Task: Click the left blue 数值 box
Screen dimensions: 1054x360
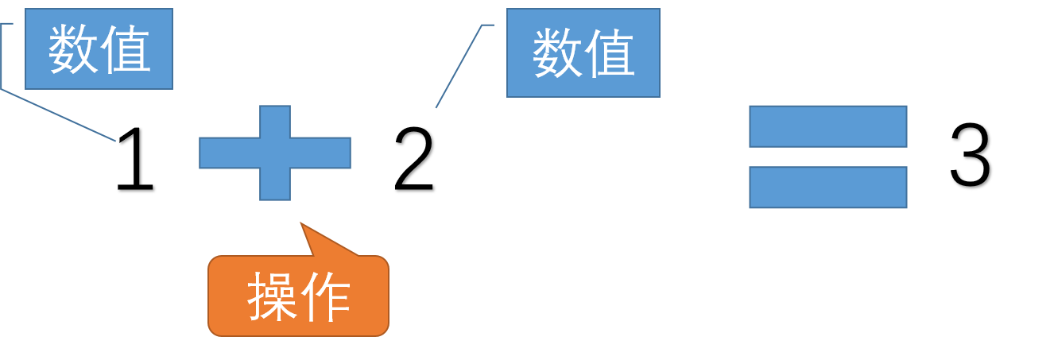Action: [99, 49]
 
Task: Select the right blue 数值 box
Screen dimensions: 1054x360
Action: [583, 52]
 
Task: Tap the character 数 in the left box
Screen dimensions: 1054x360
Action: [73, 49]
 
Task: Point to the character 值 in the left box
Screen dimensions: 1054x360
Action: [126, 49]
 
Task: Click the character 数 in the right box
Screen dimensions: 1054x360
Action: [556, 54]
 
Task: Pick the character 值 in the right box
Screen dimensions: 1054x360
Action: [610, 54]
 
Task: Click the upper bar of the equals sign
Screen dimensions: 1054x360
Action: [827, 126]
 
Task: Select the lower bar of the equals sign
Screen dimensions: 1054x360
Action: [827, 188]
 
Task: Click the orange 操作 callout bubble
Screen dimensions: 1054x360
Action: [298, 296]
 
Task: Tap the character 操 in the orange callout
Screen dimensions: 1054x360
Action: [273, 297]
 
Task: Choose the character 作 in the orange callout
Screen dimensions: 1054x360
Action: [325, 297]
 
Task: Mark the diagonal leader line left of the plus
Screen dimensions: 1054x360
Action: [60, 116]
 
